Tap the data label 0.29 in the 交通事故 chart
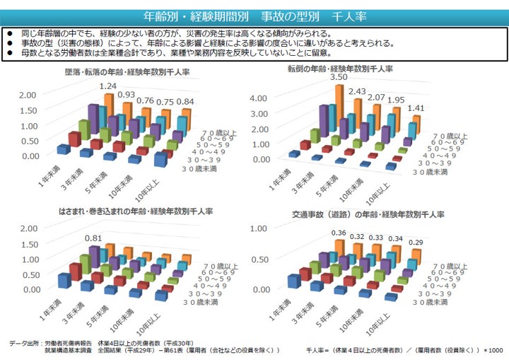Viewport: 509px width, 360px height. (416, 243)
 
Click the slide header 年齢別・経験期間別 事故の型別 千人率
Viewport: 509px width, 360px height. (254, 15)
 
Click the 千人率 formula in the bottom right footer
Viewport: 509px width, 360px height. (404, 350)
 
